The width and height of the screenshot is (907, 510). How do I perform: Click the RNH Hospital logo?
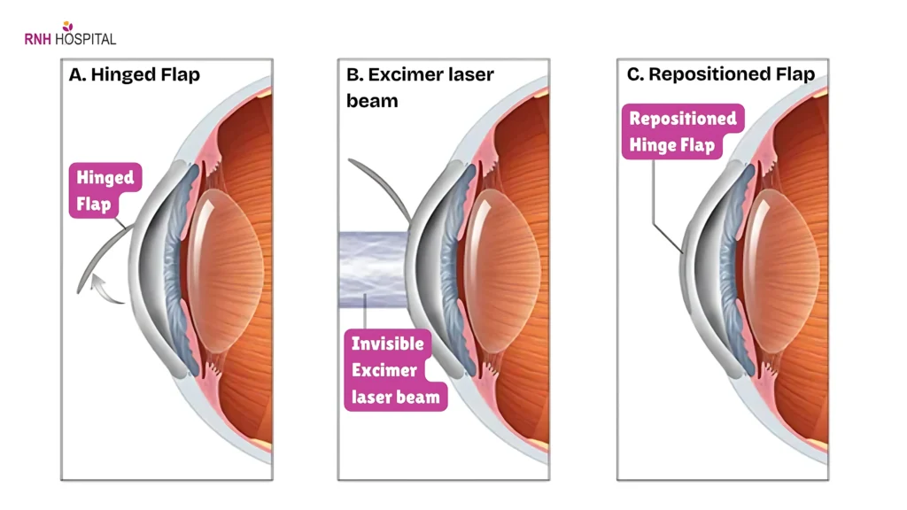coord(70,35)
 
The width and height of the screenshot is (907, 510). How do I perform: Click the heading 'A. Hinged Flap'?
coord(135,74)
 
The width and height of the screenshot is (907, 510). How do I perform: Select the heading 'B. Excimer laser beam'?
coord(418,87)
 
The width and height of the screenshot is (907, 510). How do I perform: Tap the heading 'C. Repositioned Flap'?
coord(720,74)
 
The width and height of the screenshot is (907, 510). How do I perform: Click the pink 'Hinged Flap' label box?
coord(105,190)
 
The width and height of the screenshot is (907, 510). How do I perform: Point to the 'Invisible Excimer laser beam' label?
coord(395,370)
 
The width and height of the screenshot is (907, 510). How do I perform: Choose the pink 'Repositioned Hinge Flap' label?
coord(682,131)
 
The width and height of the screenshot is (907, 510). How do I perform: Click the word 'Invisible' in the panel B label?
coord(388,344)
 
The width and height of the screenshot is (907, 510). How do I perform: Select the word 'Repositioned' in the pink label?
coord(682,118)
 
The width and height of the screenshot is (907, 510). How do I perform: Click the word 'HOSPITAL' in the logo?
coord(85,39)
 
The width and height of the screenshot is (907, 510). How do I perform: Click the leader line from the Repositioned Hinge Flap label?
coord(655,204)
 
